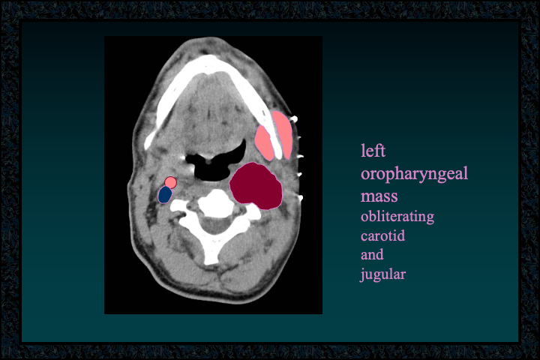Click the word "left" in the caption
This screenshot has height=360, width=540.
click(x=373, y=151)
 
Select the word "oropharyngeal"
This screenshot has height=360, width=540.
click(x=414, y=174)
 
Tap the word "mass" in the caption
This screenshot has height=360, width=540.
click(x=379, y=196)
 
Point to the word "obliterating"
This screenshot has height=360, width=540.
click(x=397, y=217)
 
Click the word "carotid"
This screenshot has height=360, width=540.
click(x=382, y=236)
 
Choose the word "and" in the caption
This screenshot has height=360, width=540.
click(x=372, y=254)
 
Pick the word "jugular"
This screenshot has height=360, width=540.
click(x=383, y=274)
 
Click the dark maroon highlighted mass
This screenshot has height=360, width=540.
click(x=256, y=186)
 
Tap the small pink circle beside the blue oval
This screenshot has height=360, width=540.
click(x=170, y=182)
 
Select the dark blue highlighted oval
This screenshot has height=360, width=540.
click(x=165, y=195)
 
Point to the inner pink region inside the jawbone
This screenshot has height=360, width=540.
click(x=264, y=143)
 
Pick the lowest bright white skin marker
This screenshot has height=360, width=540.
click(x=300, y=198)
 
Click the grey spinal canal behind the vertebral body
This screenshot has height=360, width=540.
click(x=216, y=226)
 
